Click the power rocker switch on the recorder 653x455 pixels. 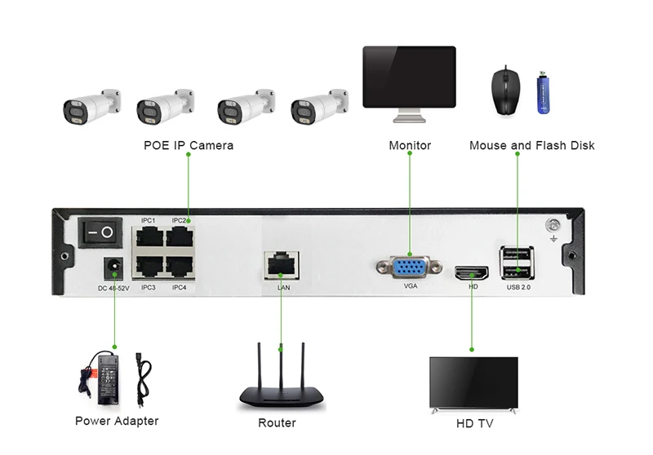[x=100, y=232]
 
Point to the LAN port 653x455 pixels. [x=281, y=266]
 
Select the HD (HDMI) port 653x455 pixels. [x=472, y=272]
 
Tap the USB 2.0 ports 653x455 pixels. [x=518, y=263]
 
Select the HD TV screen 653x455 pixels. [x=473, y=382]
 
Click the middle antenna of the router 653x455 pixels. [x=281, y=364]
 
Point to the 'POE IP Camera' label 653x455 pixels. [x=189, y=146]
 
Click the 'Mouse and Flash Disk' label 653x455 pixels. [x=531, y=146]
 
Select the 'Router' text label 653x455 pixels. [x=277, y=423]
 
